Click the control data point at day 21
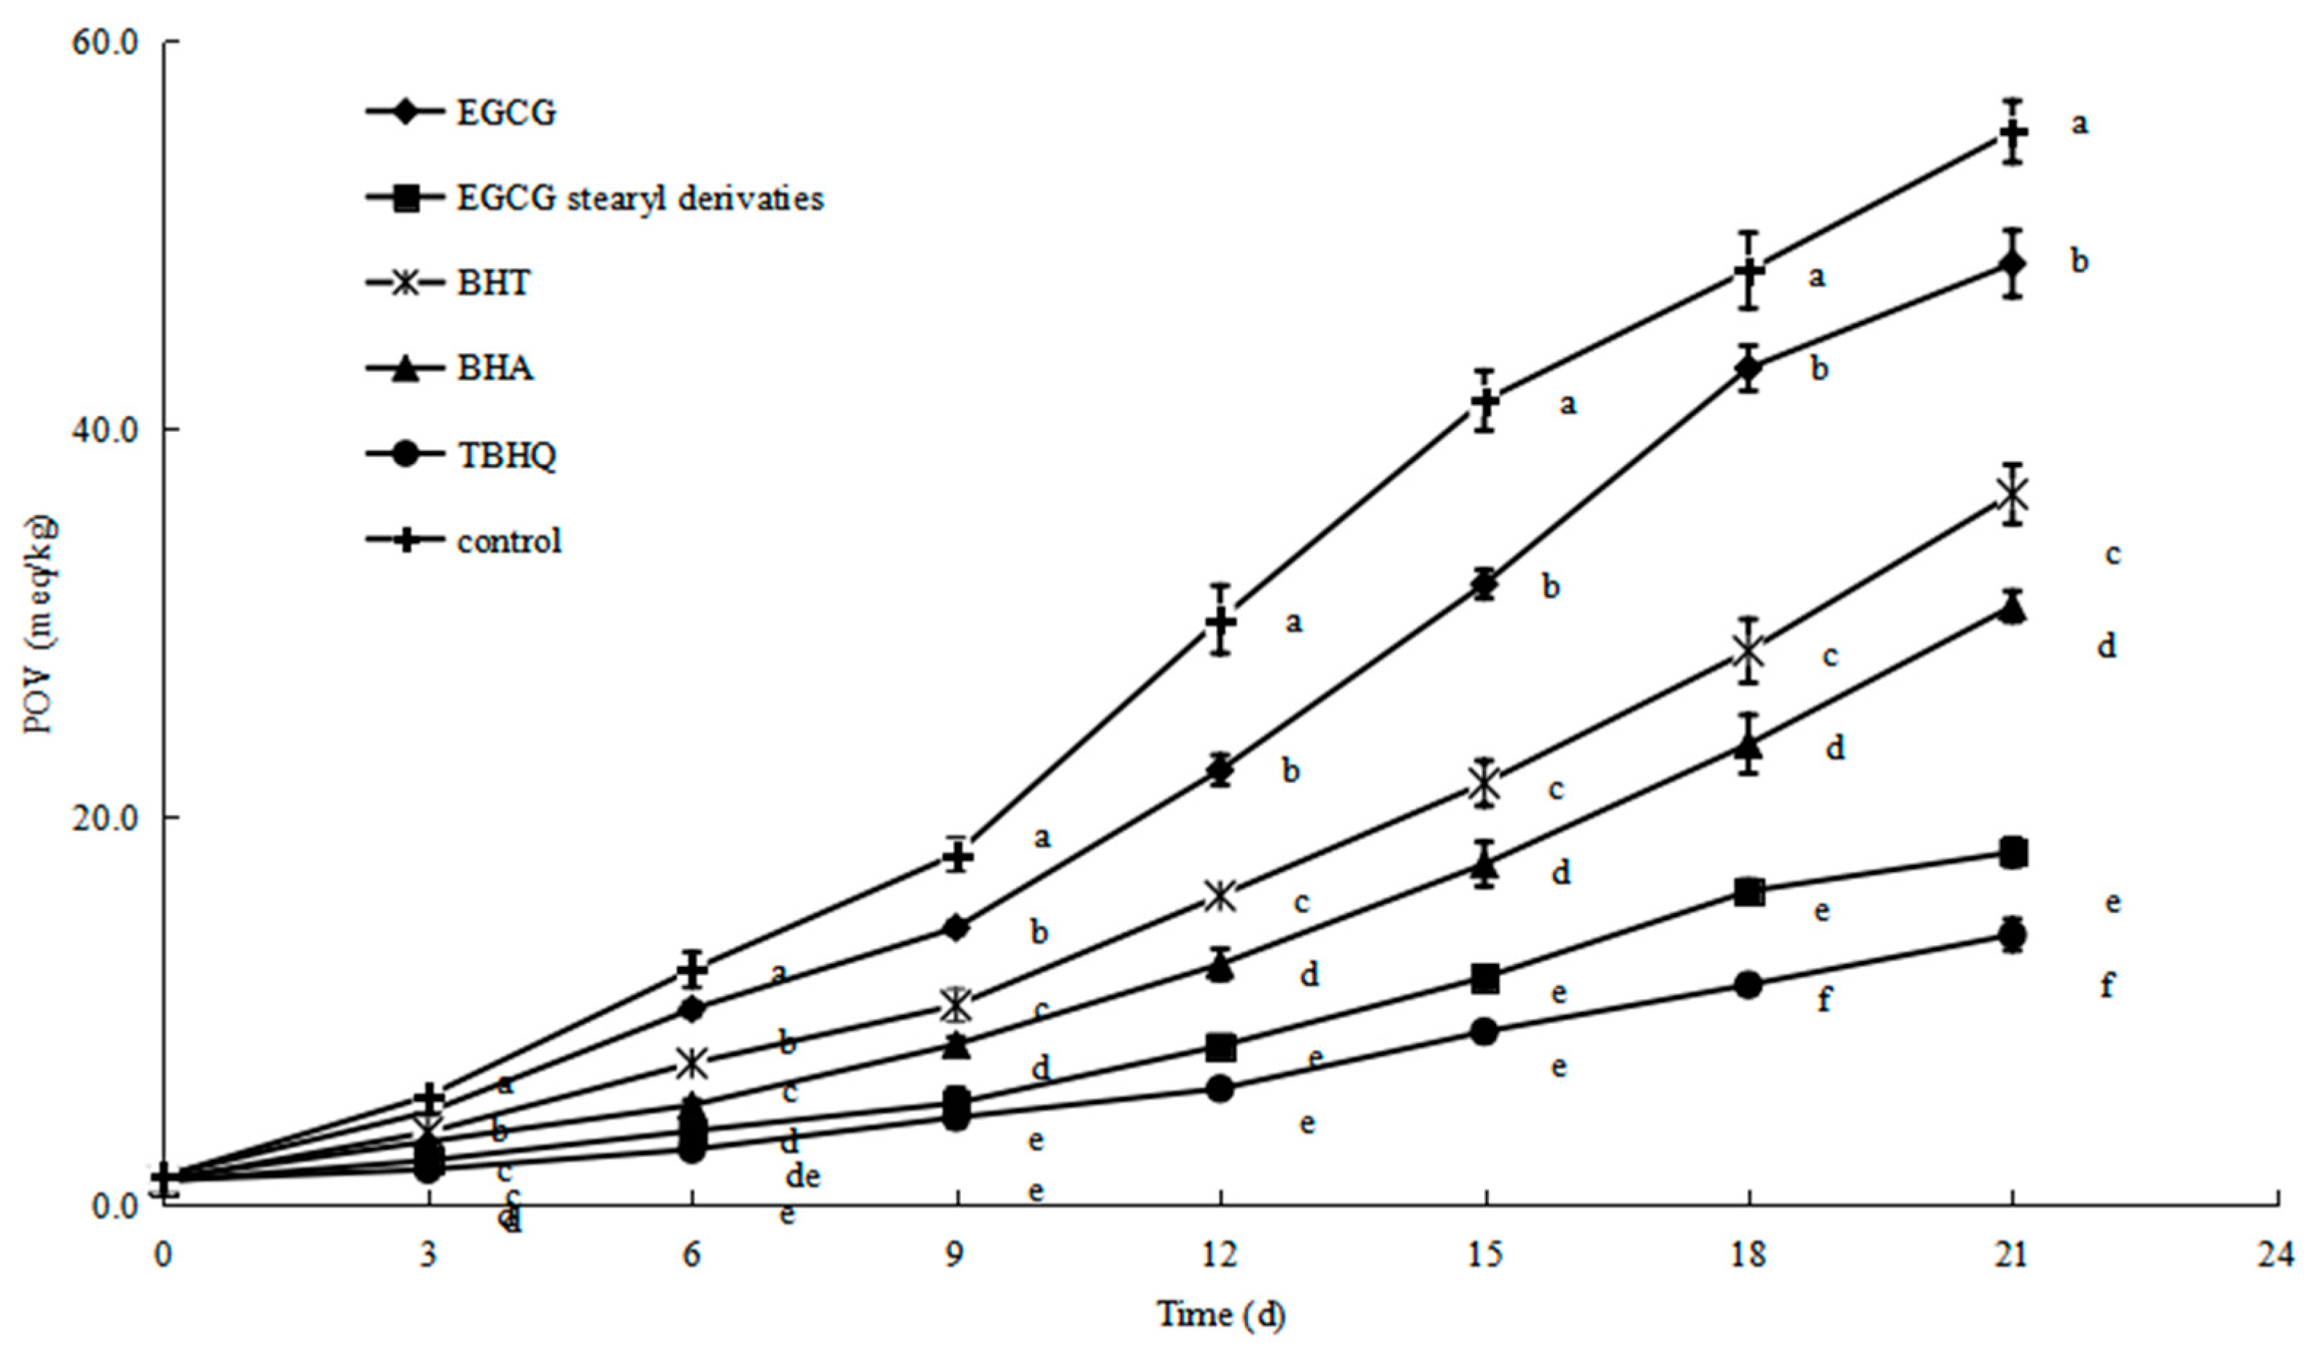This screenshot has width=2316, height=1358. [x=2013, y=134]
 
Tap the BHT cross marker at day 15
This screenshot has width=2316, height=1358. [x=1485, y=785]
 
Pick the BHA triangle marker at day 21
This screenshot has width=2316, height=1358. [x=2013, y=609]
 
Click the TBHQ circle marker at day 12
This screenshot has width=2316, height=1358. [x=1220, y=1089]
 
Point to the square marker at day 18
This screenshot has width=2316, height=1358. [x=1749, y=892]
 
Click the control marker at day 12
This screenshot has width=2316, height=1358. [x=1220, y=620]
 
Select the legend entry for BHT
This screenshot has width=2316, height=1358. [x=494, y=282]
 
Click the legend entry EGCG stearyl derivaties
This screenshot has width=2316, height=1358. [x=640, y=198]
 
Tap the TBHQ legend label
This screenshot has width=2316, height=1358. [x=506, y=455]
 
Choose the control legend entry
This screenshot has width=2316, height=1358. [x=509, y=541]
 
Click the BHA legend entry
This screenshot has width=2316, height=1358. [x=495, y=369]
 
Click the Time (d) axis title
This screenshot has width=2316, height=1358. [x=1220, y=1315]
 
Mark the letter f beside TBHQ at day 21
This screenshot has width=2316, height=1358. [x=2107, y=986]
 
